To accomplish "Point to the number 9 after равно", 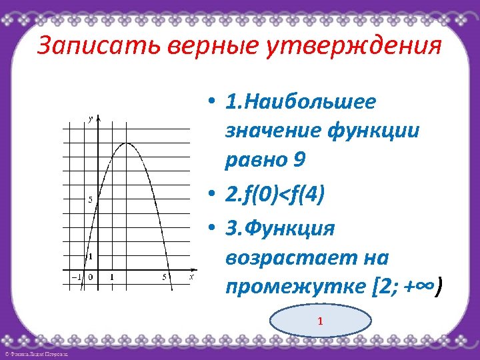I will (299, 160).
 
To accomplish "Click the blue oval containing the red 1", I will (321, 322).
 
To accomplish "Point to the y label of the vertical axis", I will (91, 119).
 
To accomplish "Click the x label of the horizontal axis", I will (191, 275).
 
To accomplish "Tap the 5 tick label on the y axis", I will (90, 200).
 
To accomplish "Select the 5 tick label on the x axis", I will (164, 276).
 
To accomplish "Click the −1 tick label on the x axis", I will (75, 276).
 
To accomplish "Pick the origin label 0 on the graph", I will (91, 276).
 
